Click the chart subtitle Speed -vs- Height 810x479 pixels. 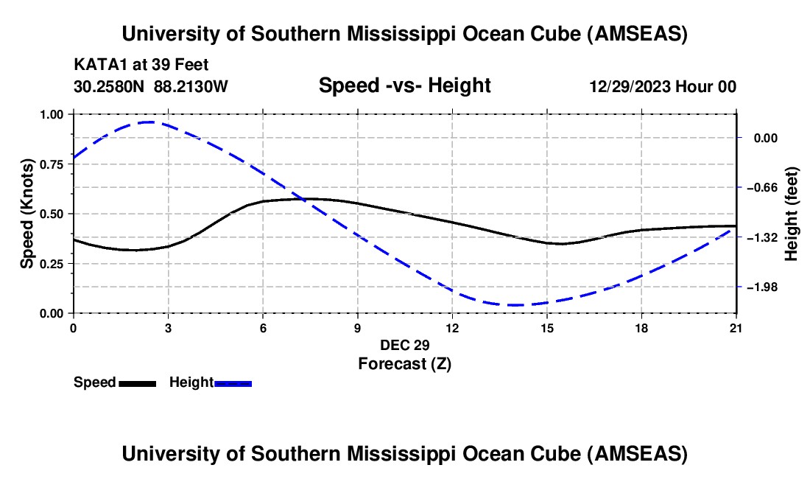pyautogui.click(x=404, y=85)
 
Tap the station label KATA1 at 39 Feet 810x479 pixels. pyautogui.click(x=146, y=64)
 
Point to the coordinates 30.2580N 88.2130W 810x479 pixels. pyautogui.click(x=151, y=86)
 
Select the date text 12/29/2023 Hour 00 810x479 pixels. pyautogui.click(x=663, y=86)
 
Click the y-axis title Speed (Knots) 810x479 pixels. pyautogui.click(x=27, y=214)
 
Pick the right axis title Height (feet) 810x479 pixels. pyautogui.click(x=792, y=214)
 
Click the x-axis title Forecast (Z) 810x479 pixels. pyautogui.click(x=404, y=363)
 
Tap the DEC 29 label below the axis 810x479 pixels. pyautogui.click(x=404, y=345)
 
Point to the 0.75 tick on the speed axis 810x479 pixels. pyautogui.click(x=52, y=164)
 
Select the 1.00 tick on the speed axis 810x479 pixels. pyautogui.click(x=52, y=114)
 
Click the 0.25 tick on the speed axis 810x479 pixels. pyautogui.click(x=52, y=264)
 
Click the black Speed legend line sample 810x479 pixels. pyautogui.click(x=137, y=383)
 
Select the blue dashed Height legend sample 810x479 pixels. pyautogui.click(x=233, y=383)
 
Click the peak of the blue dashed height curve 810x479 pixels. pyautogui.click(x=150, y=122)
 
